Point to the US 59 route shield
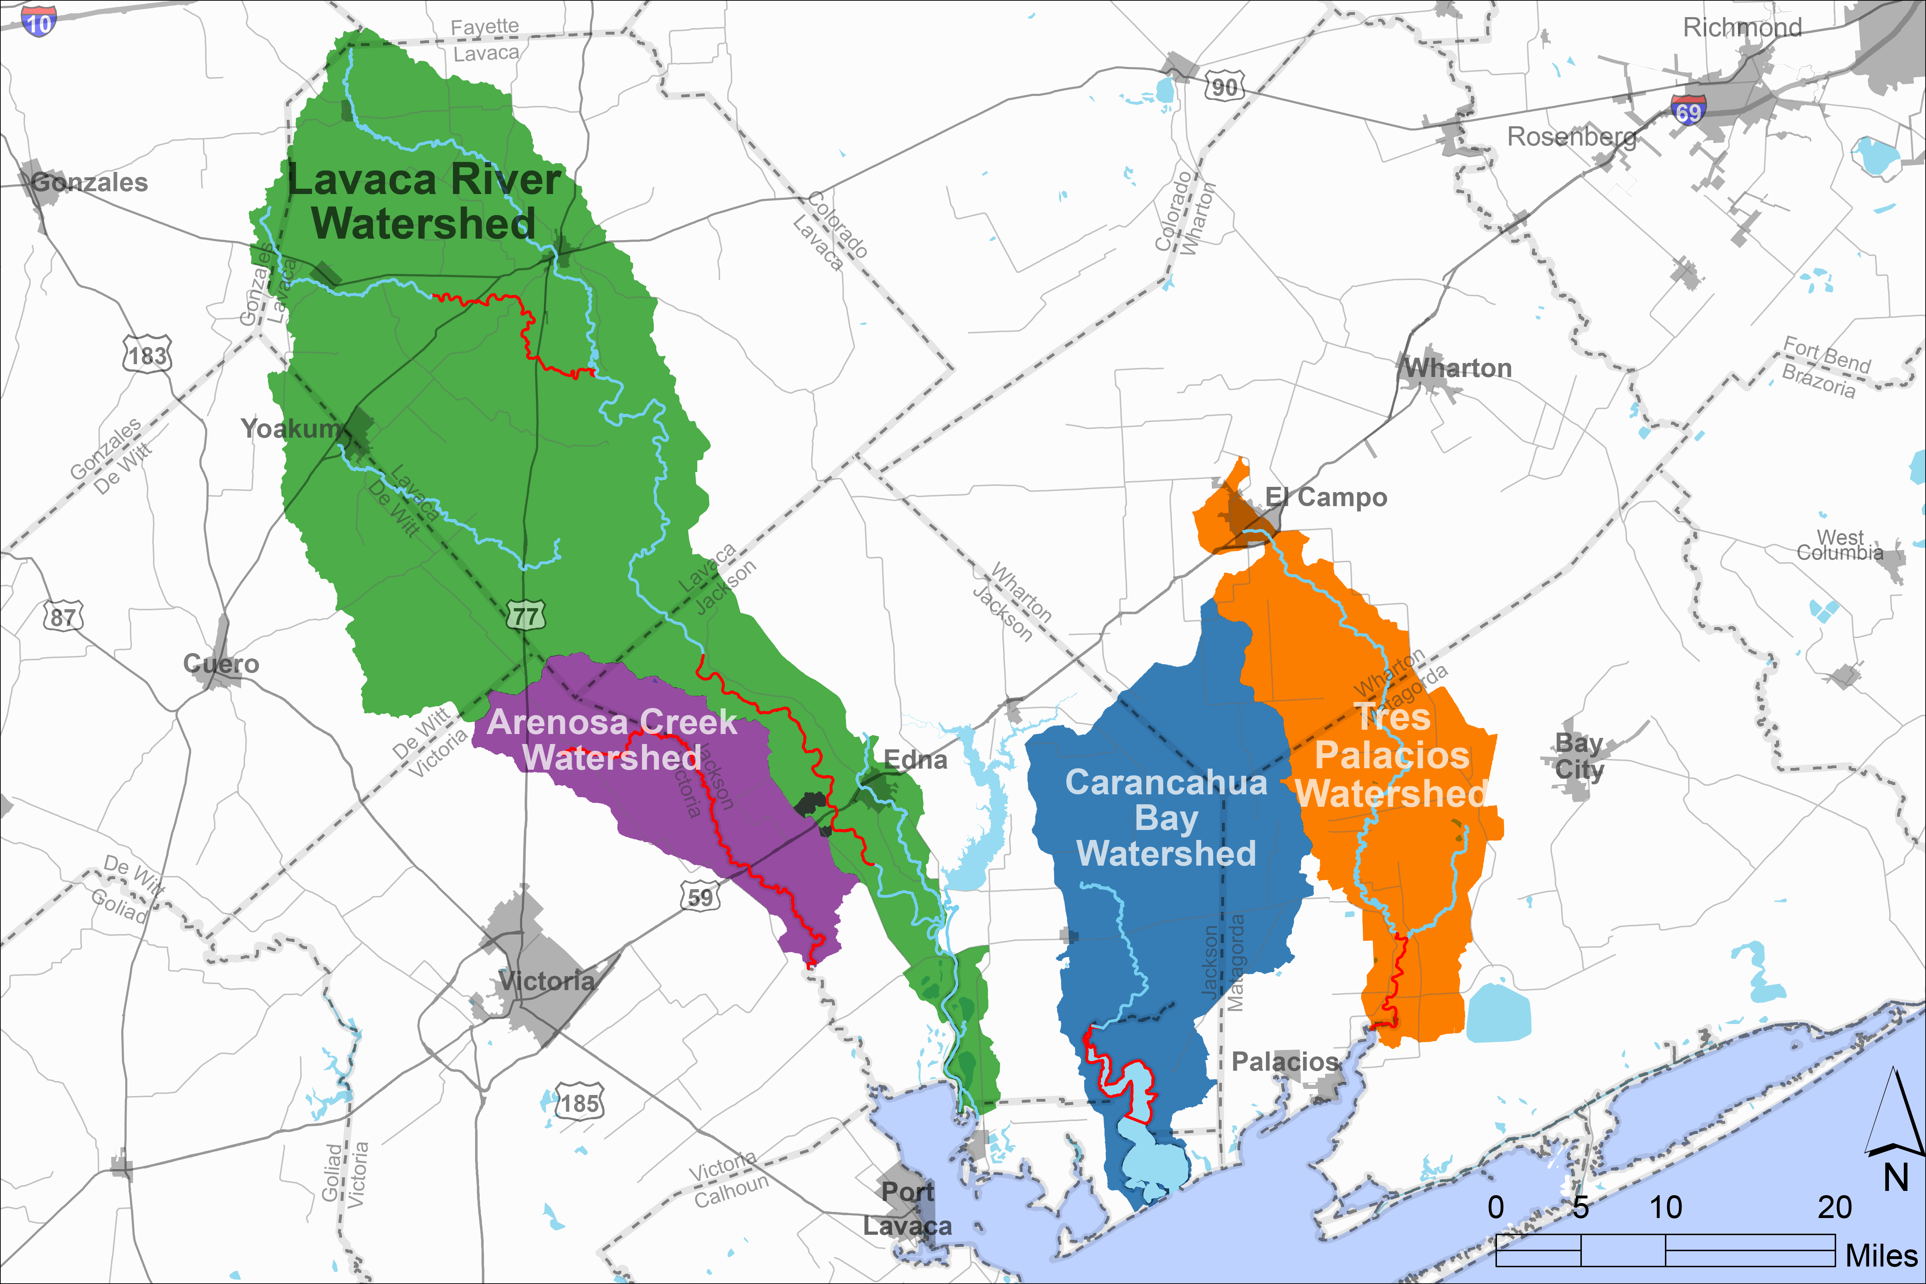pos(700,897)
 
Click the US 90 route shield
pos(1224,86)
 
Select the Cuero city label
pos(221,663)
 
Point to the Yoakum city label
pos(290,428)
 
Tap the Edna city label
pos(916,760)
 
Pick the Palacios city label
pos(1284,1062)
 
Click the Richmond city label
pos(1742,27)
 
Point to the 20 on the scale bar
pos(1834,1207)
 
